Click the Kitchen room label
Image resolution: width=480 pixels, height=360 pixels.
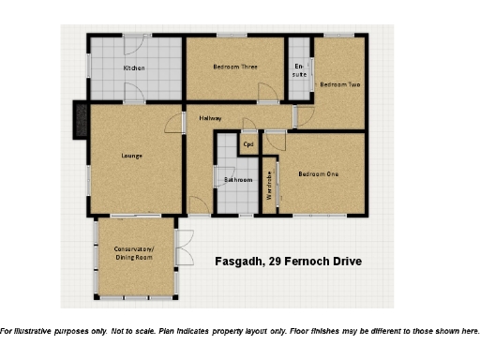135,68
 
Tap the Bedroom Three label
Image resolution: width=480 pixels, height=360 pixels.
234,67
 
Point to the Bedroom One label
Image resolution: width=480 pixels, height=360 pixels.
319,173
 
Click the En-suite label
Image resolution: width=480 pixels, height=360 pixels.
299,69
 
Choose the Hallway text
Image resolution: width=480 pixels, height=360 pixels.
212,118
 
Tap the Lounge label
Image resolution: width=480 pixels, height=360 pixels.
131,155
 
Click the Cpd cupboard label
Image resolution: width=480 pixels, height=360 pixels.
248,144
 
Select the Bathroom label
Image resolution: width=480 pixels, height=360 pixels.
237,179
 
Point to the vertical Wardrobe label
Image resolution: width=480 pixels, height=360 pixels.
270,187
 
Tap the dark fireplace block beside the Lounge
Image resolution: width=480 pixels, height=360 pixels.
80,120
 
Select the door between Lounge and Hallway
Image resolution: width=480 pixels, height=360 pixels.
174,124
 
